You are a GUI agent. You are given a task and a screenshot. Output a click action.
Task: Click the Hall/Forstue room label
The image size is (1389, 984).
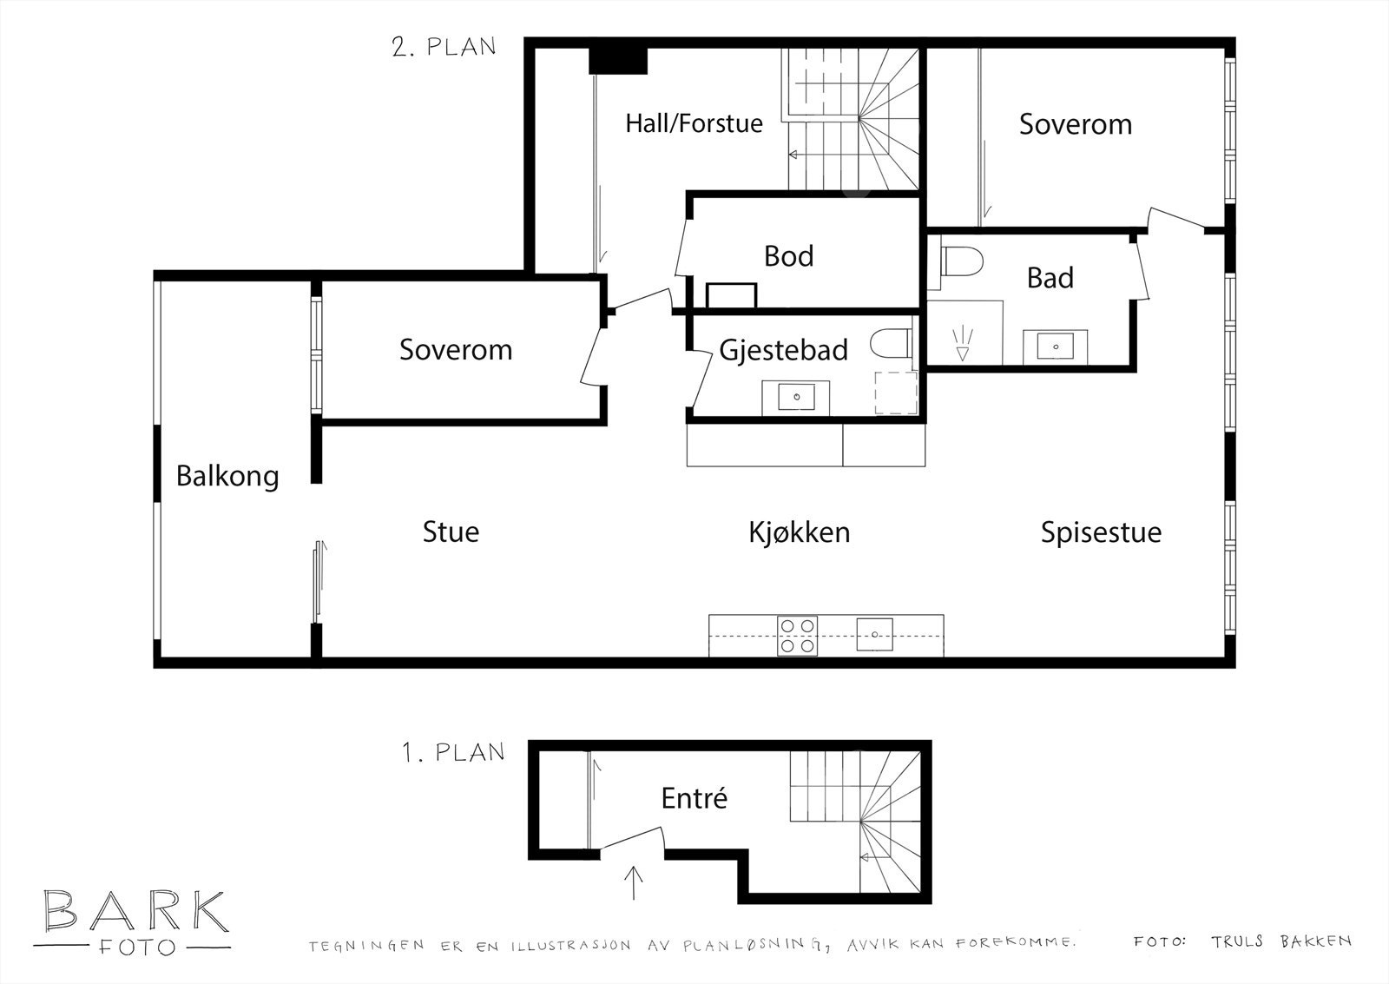(694, 123)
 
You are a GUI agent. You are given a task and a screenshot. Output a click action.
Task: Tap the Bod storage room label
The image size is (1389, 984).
(788, 256)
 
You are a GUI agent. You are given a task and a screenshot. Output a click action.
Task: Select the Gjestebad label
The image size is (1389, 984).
(783, 350)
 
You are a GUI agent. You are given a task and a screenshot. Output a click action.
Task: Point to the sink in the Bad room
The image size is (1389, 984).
(1056, 346)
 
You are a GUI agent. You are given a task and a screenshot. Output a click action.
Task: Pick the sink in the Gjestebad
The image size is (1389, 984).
(796, 398)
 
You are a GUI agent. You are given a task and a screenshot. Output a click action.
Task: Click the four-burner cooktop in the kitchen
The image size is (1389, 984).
(797, 636)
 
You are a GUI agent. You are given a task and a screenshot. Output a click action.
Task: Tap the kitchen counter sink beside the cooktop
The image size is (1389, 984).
(874, 634)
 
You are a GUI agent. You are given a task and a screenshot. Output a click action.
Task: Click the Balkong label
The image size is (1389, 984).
(227, 476)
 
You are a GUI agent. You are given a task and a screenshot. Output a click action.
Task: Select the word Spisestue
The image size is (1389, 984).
(1101, 532)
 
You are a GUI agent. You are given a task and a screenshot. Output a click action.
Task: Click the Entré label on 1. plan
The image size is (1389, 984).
(694, 798)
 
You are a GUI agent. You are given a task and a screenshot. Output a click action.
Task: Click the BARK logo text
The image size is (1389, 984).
(136, 912)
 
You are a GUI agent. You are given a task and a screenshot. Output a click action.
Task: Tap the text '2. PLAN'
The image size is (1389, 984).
(444, 47)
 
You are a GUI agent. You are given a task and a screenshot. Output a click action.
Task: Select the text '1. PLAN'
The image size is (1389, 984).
(453, 752)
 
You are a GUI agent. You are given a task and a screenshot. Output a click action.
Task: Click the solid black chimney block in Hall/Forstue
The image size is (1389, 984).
(618, 60)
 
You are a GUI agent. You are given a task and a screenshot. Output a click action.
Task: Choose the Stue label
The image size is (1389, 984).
(451, 532)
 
